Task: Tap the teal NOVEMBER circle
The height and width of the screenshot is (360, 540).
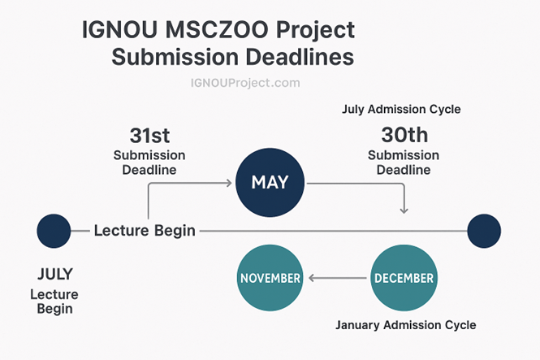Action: [x=270, y=278]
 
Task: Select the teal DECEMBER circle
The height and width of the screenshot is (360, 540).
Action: [x=403, y=278]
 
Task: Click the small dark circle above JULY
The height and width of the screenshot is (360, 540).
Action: [x=54, y=231]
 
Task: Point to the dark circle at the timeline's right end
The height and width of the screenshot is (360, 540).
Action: [x=484, y=231]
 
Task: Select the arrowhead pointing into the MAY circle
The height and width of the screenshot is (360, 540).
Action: [x=228, y=183]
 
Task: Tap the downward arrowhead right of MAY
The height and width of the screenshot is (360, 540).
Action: [x=404, y=210]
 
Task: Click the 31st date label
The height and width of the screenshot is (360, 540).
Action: [x=149, y=136]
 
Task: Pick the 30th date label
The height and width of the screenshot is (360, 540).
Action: [x=404, y=136]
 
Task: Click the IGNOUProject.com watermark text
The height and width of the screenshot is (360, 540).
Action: [x=245, y=83]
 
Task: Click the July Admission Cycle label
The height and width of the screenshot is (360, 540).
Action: [x=403, y=109]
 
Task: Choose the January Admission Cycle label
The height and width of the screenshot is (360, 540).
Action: [x=405, y=325]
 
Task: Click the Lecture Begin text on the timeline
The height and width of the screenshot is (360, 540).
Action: [x=145, y=231]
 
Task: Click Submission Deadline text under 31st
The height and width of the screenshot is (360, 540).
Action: [x=149, y=163]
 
